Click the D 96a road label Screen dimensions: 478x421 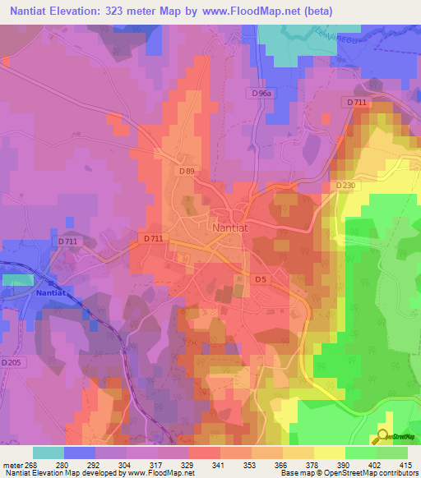pyautogui.click(x=261, y=94)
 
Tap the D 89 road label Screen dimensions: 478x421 pyautogui.click(x=187, y=171)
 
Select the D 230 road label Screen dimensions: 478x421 pyautogui.click(x=345, y=186)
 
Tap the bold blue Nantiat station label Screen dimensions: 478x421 pyautogui.click(x=55, y=292)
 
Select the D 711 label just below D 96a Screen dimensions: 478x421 pyautogui.click(x=356, y=102)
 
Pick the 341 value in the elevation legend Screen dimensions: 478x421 pyautogui.click(x=217, y=464)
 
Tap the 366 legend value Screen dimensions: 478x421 pyautogui.click(x=280, y=464)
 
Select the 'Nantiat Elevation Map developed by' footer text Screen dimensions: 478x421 pyautogui.click(x=61, y=473)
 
